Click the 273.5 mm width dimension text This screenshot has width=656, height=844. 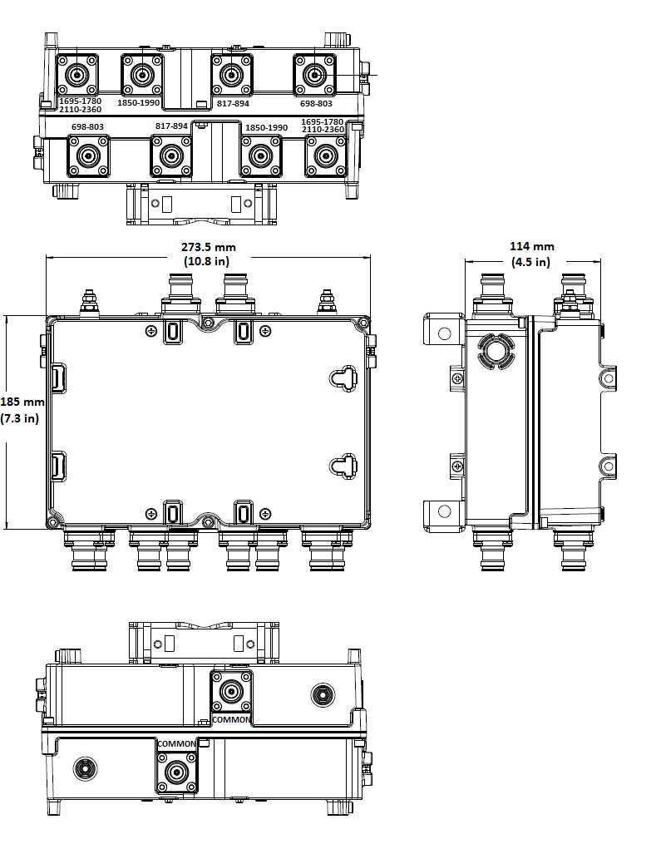[209, 247]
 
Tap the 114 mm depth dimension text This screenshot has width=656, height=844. [531, 247]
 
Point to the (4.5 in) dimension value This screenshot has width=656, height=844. [531, 262]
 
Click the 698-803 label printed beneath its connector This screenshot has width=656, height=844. [316, 104]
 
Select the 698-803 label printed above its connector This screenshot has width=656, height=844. [87, 127]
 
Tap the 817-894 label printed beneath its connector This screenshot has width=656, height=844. [233, 104]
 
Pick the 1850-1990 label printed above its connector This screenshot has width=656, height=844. [266, 127]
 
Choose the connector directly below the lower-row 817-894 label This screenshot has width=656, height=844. [170, 155]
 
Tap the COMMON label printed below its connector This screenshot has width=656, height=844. [231, 719]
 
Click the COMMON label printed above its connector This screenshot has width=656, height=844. [177, 743]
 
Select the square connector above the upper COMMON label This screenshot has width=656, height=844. [231, 691]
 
